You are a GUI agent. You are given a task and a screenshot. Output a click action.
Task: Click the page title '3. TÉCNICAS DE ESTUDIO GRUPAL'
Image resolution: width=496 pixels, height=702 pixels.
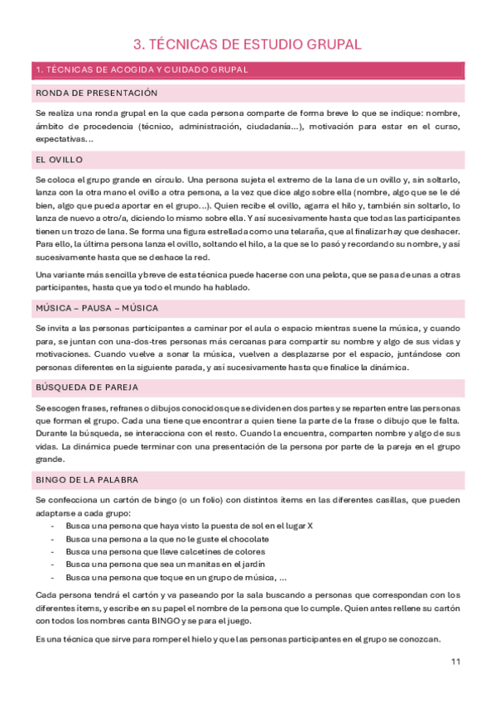(248, 45)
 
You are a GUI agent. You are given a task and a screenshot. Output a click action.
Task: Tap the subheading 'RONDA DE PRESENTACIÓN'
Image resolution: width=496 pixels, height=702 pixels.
(96, 93)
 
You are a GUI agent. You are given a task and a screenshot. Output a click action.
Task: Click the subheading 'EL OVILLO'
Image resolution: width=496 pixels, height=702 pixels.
(59, 159)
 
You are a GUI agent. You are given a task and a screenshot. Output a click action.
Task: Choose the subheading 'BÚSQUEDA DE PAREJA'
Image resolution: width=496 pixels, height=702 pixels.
(87, 387)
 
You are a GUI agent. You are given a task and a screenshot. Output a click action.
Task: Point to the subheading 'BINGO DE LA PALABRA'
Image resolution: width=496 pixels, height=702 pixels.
(87, 479)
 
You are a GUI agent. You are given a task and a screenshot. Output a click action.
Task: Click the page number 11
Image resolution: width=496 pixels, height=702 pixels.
(456, 661)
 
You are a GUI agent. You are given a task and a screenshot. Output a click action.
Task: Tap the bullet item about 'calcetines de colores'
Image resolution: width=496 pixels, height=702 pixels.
(166, 551)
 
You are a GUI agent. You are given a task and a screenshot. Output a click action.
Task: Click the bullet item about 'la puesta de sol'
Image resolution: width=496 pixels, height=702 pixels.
(189, 526)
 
